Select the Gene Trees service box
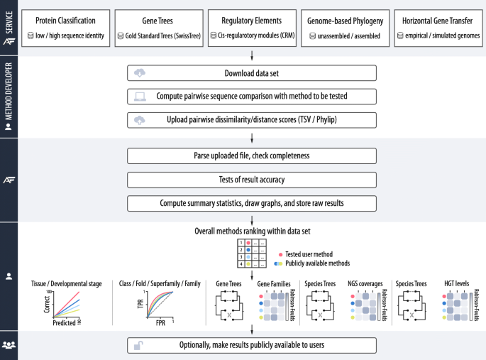point(158,28)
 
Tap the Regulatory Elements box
point(252,28)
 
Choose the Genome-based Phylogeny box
point(345,28)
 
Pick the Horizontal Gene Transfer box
point(438,28)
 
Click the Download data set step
point(252,73)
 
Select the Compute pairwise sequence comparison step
point(252,97)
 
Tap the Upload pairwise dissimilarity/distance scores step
point(252,120)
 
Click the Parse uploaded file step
point(252,156)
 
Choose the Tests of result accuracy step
point(252,180)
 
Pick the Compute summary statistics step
point(252,204)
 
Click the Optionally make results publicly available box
point(252,346)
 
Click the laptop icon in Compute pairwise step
point(139,97)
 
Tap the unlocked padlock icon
point(139,346)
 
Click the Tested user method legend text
point(309,254)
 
